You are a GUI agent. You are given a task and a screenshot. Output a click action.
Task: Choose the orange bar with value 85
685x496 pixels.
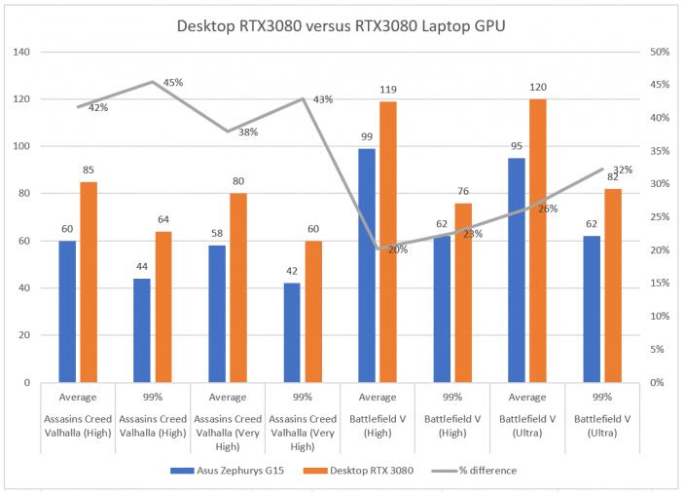pyautogui.click(x=89, y=282)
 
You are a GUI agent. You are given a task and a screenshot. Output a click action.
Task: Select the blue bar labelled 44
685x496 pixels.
pyautogui.click(x=142, y=330)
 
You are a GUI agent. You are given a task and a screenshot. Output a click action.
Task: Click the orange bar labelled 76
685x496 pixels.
pyautogui.click(x=462, y=292)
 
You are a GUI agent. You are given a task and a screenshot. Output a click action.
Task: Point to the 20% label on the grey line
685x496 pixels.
pyautogui.click(x=398, y=249)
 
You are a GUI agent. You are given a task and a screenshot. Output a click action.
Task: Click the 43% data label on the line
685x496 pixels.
pyautogui.click(x=323, y=99)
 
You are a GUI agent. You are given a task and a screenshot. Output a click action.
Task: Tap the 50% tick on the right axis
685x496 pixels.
pyautogui.click(x=661, y=52)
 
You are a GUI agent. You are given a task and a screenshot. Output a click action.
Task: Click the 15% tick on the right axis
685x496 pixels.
pyautogui.click(x=661, y=284)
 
